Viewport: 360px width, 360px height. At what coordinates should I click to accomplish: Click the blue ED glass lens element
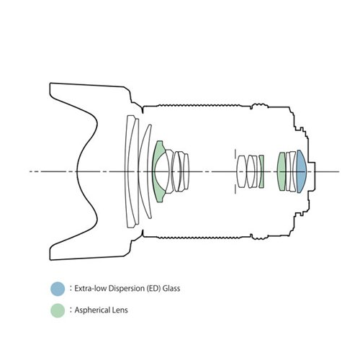click(x=301, y=171)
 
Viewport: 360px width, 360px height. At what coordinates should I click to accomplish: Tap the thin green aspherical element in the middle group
click(x=261, y=171)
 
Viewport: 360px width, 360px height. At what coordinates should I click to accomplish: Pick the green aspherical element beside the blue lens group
click(x=282, y=171)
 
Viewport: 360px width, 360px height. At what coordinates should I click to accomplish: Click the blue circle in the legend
click(x=58, y=289)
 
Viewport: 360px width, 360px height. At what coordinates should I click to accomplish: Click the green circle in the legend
click(x=58, y=310)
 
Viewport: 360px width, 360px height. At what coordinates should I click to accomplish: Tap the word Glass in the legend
click(x=171, y=288)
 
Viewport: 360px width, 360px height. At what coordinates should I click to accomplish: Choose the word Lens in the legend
click(x=120, y=310)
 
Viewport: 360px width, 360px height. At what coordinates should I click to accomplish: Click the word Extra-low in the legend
click(x=91, y=288)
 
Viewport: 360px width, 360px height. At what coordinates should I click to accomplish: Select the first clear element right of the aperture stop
click(x=241, y=171)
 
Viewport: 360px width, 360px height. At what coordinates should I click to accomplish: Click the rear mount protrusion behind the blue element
click(x=312, y=171)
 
